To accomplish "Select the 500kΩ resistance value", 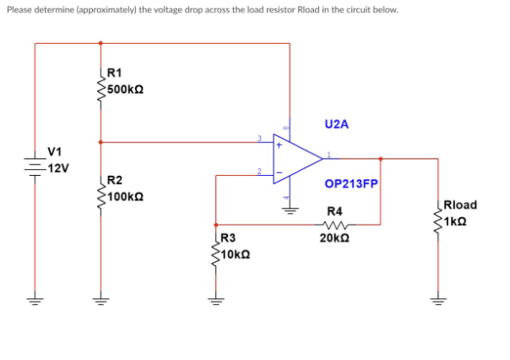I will click(x=125, y=88).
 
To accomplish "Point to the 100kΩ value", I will click(x=125, y=195).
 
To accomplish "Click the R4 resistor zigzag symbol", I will click(x=334, y=225).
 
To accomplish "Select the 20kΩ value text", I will click(x=335, y=238).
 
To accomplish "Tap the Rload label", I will click(x=460, y=205).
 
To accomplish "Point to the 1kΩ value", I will click(x=456, y=219).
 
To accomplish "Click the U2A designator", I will click(x=335, y=123).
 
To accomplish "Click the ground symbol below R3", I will click(x=217, y=301).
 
